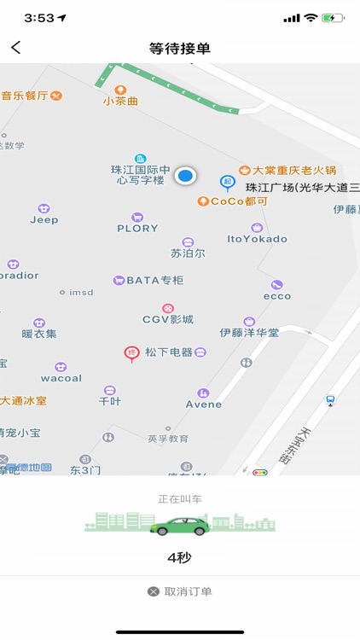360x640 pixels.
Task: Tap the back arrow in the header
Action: pyautogui.click(x=16, y=48)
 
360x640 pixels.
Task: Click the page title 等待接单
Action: pyautogui.click(x=179, y=49)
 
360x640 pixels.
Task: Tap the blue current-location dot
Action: pyautogui.click(x=185, y=176)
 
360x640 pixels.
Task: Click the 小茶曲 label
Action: pyautogui.click(x=120, y=101)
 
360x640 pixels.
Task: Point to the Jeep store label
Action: pyautogui.click(x=44, y=219)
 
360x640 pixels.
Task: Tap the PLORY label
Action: pyautogui.click(x=137, y=228)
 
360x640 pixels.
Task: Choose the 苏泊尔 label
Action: pyautogui.click(x=188, y=253)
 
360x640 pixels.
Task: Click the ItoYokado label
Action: pyautogui.click(x=258, y=238)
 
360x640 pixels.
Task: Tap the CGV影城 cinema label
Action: pyautogui.click(x=168, y=319)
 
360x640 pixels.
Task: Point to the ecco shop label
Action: pyautogui.click(x=277, y=296)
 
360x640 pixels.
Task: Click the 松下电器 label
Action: pyautogui.click(x=169, y=352)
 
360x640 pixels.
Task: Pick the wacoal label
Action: pyautogui.click(x=61, y=377)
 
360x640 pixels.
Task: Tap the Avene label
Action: pyautogui.click(x=203, y=404)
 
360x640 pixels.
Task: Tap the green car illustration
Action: pyautogui.click(x=180, y=526)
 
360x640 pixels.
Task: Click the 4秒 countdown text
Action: pyautogui.click(x=180, y=558)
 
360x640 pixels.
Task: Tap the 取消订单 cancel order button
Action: pyautogui.click(x=180, y=591)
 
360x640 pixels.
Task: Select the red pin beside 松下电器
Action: pyautogui.click(x=131, y=352)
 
